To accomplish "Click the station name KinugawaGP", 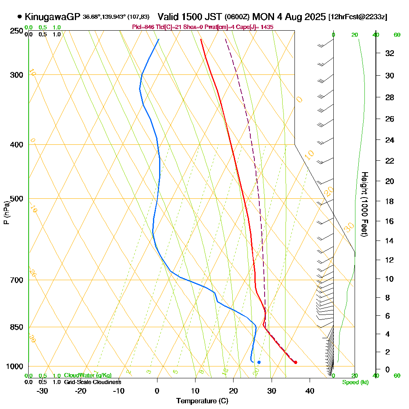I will point(52,17).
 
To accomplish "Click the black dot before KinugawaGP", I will point(20,17).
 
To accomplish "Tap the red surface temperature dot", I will point(295,362).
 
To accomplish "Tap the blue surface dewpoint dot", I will point(259,362).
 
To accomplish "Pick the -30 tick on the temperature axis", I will point(43,391).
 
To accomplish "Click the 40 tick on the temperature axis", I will point(310,391).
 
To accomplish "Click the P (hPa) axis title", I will point(6,213).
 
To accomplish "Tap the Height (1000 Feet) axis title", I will point(364,204).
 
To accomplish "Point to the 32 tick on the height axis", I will point(390,53).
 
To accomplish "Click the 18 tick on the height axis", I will point(390,201).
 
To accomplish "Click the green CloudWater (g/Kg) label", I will point(88,375).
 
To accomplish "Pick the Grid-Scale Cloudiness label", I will point(92,382).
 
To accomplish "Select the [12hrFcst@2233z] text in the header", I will point(357,17).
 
